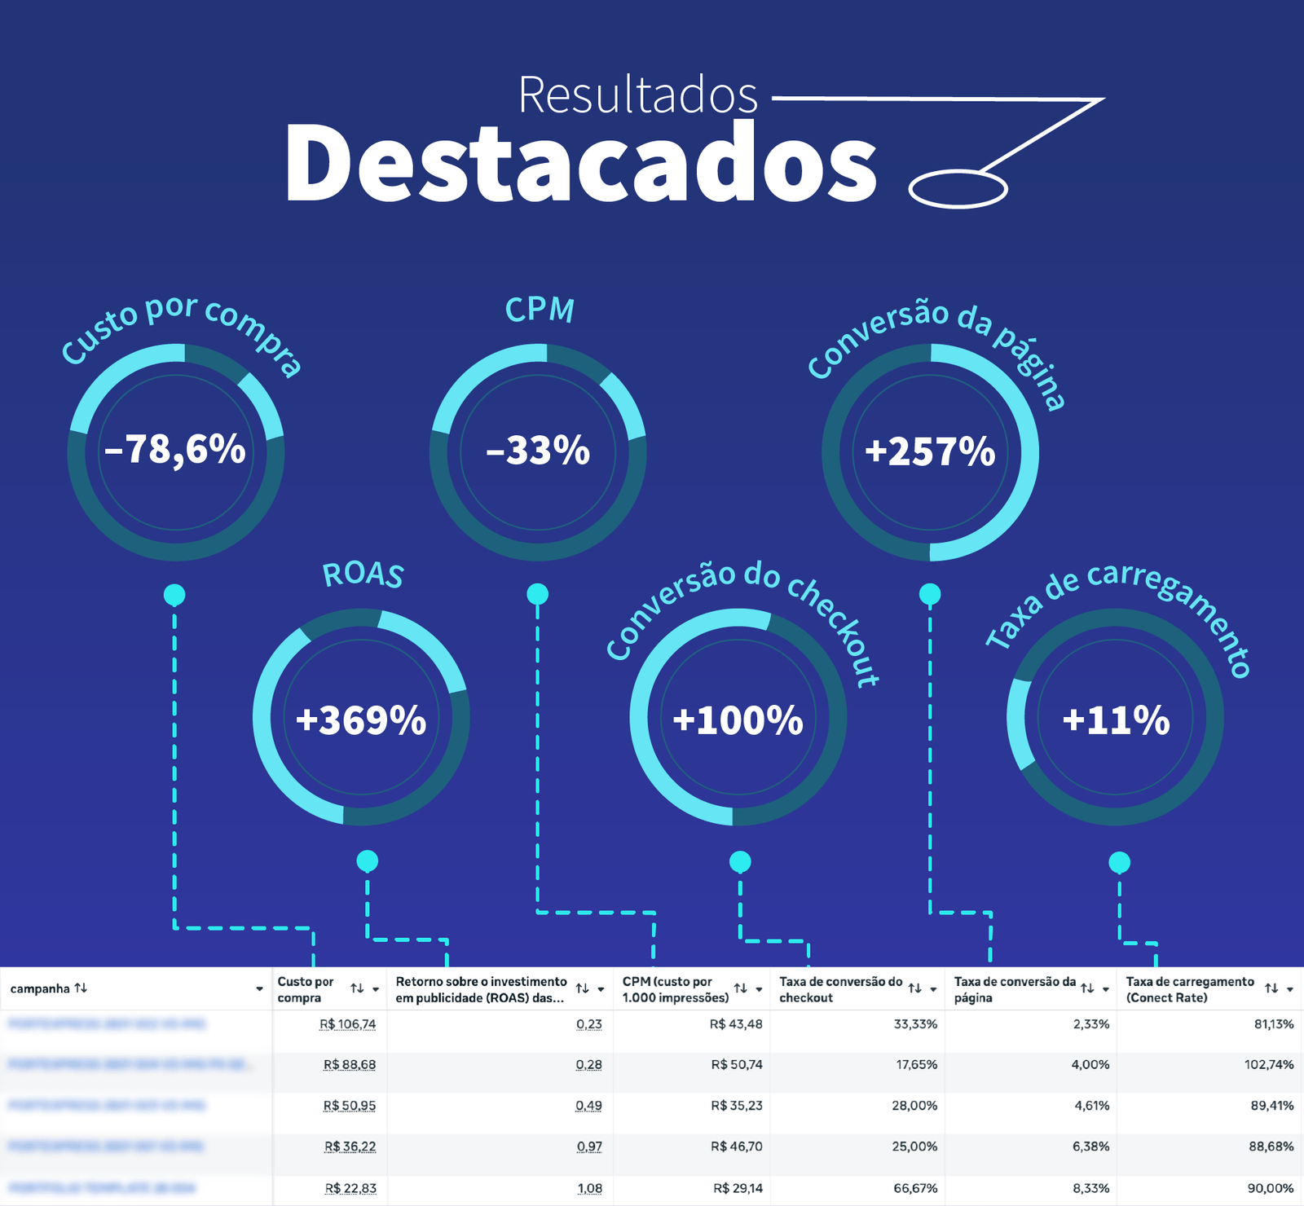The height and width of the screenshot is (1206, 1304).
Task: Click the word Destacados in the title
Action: pos(580,163)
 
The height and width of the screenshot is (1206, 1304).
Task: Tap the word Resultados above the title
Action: pos(637,95)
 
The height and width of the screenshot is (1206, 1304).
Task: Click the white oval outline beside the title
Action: pos(958,189)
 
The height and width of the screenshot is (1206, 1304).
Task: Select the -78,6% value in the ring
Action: pos(175,449)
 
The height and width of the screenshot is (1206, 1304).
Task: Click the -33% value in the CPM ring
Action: pos(538,451)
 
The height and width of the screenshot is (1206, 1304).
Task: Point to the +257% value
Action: pos(930,451)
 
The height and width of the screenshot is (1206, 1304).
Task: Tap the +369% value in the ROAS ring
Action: pos(361,720)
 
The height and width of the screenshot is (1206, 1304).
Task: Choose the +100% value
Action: pos(738,720)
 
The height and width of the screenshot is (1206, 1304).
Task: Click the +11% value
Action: pos(1116,720)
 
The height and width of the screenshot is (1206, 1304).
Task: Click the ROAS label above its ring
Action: pos(363,574)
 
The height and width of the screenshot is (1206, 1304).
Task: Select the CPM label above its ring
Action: pos(540,310)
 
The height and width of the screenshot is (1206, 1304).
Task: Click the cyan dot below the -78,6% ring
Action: pos(174,595)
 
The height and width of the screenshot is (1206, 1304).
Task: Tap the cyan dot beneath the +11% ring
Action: pos(1120,862)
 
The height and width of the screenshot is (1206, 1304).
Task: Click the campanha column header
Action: pos(40,988)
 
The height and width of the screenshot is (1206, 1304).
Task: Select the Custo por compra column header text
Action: pos(306,989)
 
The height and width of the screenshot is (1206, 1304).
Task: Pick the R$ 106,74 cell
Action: pos(348,1024)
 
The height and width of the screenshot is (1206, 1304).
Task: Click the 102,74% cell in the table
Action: pos(1269,1065)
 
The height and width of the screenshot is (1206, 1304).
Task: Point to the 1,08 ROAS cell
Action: pos(589,1188)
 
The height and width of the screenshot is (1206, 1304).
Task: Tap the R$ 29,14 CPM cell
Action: pos(738,1188)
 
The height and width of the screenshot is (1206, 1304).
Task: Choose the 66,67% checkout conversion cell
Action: pos(915,1188)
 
